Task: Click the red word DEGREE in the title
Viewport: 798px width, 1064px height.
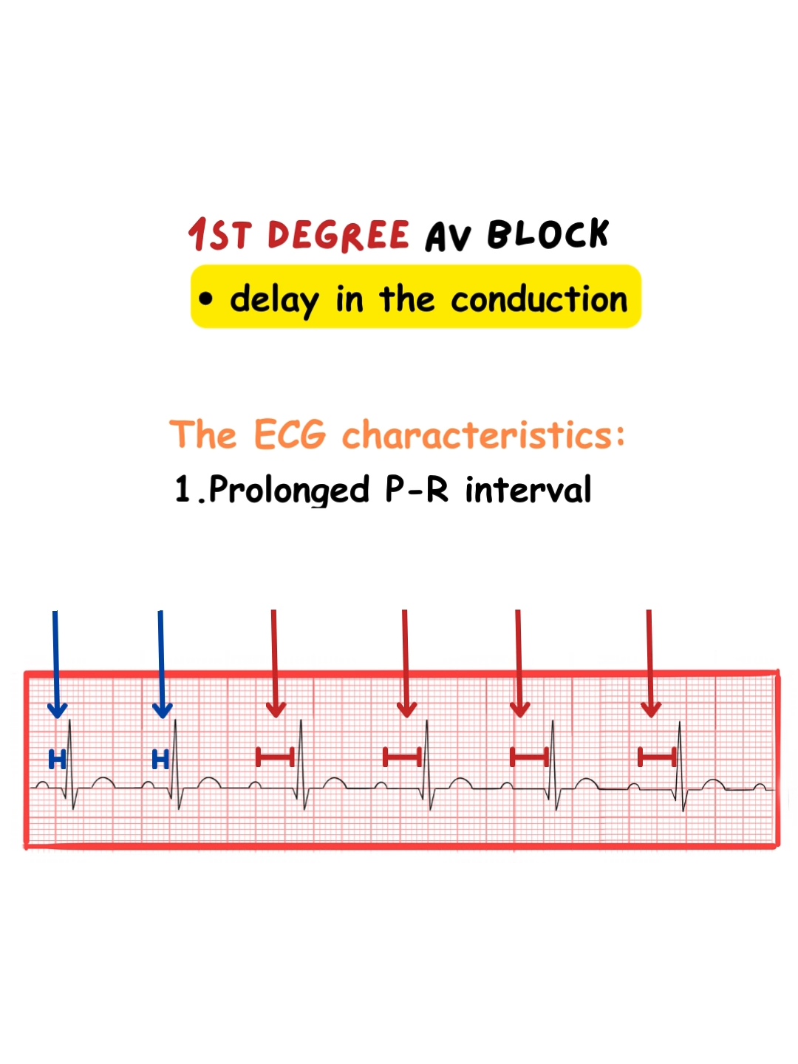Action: (x=338, y=235)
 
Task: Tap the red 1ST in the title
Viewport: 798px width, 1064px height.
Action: (x=220, y=235)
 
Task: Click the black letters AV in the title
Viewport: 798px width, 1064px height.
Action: (x=449, y=237)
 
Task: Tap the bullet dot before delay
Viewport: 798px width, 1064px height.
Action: (x=205, y=299)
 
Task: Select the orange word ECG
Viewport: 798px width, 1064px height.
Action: (x=290, y=434)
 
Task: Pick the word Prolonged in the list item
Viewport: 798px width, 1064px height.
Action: (x=289, y=490)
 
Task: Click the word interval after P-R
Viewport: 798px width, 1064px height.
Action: (x=528, y=489)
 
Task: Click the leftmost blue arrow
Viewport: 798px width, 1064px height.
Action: (x=57, y=664)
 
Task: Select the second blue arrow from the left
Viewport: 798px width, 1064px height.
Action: (x=161, y=664)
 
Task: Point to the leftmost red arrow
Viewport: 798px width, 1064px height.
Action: (x=275, y=663)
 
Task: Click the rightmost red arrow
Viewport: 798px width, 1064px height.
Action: (x=650, y=663)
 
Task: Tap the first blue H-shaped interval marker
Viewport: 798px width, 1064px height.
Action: (x=57, y=759)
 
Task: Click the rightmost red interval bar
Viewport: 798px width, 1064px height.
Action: (x=657, y=757)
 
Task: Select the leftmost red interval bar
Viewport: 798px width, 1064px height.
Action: (x=275, y=757)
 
